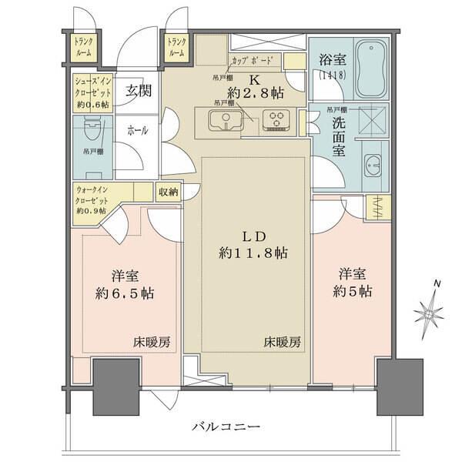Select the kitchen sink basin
[226, 119]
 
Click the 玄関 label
[139, 91]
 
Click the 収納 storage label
[169, 193]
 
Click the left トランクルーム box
[83, 48]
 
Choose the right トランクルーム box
[176, 48]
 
